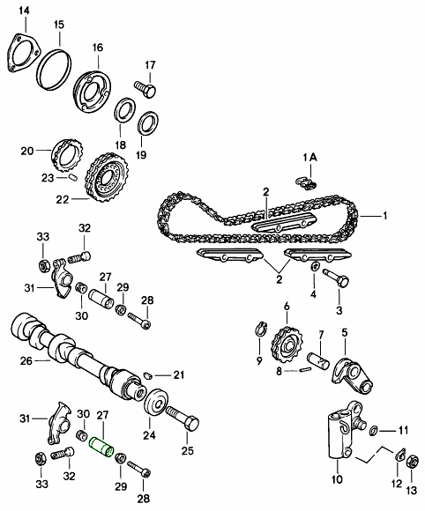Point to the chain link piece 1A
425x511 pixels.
(307, 182)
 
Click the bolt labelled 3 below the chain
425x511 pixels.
(339, 281)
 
